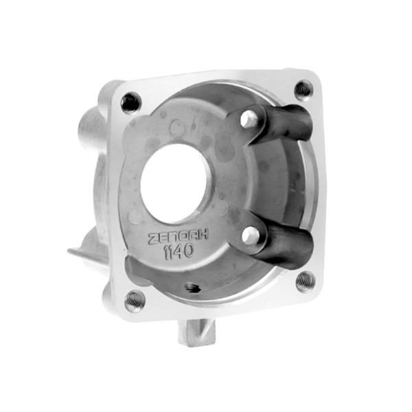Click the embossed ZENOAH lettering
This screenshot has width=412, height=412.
click(178, 236)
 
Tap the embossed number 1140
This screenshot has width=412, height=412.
click(179, 252)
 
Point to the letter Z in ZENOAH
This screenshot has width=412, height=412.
click(153, 239)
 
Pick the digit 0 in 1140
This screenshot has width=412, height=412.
click(188, 251)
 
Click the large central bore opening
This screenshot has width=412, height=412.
click(174, 183)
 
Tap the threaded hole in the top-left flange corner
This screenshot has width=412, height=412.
click(131, 102)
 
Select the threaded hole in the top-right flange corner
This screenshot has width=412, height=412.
click(304, 89)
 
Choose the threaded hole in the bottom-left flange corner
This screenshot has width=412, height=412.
click(135, 301)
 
